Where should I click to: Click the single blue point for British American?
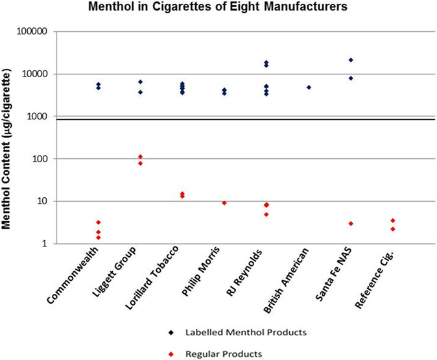point(309,87)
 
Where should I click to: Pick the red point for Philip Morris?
point(224,203)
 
